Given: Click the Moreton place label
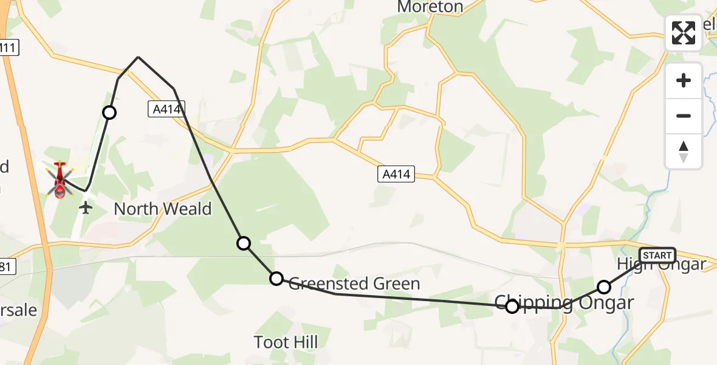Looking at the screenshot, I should [x=430, y=7].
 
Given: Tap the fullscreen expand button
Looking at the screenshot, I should [x=684, y=33].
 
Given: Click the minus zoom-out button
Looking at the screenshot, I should [x=684, y=116].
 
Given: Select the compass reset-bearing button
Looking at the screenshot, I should [x=684, y=151].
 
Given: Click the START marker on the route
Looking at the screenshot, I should [x=657, y=255].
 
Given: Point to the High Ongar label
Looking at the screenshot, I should [x=661, y=265].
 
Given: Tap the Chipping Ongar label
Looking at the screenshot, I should [x=564, y=302].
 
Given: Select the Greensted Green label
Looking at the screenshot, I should [x=354, y=283].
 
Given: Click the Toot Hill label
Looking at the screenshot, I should [x=286, y=342].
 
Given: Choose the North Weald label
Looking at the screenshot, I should [x=163, y=209].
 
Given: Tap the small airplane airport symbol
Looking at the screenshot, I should [x=86, y=208].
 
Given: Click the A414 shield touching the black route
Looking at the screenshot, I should [x=166, y=109].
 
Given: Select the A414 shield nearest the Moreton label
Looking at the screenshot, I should [x=396, y=175].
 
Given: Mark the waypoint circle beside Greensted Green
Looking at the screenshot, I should [x=276, y=279].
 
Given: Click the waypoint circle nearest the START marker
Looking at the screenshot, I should [x=604, y=287].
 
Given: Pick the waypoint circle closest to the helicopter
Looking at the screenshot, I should [x=109, y=113].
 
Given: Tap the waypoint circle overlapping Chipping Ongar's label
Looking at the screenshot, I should [x=512, y=307].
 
